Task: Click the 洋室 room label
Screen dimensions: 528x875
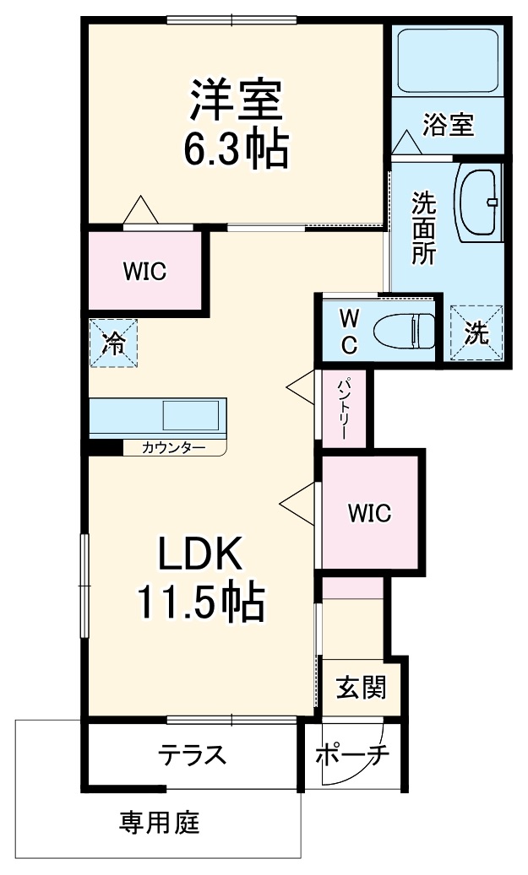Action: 236,100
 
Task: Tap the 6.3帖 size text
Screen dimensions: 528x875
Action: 237,149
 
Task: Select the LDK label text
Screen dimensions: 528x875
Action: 200,553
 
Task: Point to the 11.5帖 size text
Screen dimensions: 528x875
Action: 201,602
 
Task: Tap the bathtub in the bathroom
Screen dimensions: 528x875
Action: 448,59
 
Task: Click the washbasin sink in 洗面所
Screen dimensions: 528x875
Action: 477,202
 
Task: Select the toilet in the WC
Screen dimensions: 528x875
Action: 404,331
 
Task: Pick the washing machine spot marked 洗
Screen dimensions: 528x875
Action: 476,332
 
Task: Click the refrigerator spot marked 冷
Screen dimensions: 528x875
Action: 113,343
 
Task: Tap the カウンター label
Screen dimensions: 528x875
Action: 174,447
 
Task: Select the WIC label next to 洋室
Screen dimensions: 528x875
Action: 145,271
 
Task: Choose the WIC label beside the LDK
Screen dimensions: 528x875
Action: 369,512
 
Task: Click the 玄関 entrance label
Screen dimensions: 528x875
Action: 362,688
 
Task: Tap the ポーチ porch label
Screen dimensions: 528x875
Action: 352,755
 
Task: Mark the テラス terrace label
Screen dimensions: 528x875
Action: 193,754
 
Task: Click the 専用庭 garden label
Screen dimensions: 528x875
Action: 159,822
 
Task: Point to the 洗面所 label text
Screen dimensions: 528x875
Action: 424,228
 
